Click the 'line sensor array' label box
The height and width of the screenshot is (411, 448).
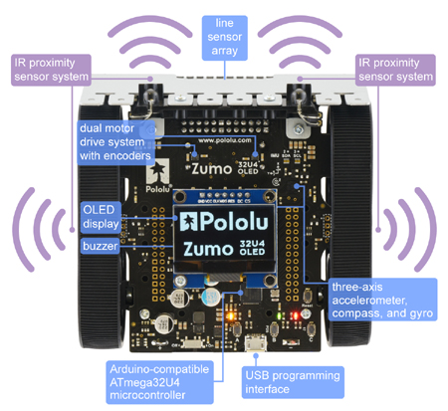click(223, 37)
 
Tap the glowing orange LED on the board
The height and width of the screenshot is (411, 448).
click(231, 317)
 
